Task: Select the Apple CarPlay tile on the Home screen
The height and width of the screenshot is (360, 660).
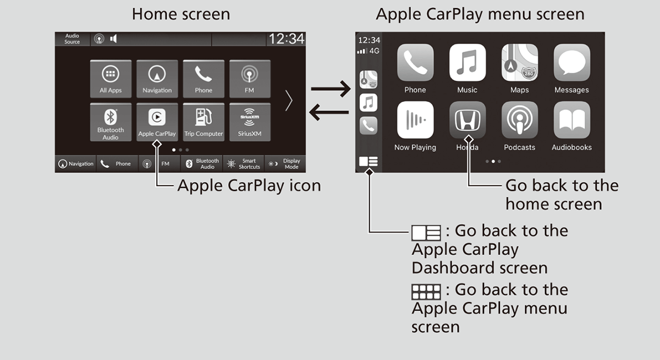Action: (157, 121)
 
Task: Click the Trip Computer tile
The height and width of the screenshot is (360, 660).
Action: (204, 121)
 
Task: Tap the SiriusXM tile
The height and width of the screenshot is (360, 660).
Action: (250, 121)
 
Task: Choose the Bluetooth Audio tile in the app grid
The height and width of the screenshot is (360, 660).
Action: (111, 121)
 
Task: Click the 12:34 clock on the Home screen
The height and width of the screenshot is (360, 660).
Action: (285, 39)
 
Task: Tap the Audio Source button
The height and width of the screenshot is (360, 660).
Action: (72, 39)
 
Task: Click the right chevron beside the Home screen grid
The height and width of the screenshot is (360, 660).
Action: (289, 101)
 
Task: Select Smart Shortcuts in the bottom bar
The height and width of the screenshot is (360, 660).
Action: (244, 164)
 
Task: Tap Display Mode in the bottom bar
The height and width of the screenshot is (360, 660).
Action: (285, 164)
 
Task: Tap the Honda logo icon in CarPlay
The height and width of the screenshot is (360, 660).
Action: (467, 120)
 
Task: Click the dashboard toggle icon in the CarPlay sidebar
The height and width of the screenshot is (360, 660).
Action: (368, 162)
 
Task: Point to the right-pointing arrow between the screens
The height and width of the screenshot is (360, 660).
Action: (331, 88)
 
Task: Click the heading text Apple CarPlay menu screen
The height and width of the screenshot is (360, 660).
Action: (480, 14)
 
